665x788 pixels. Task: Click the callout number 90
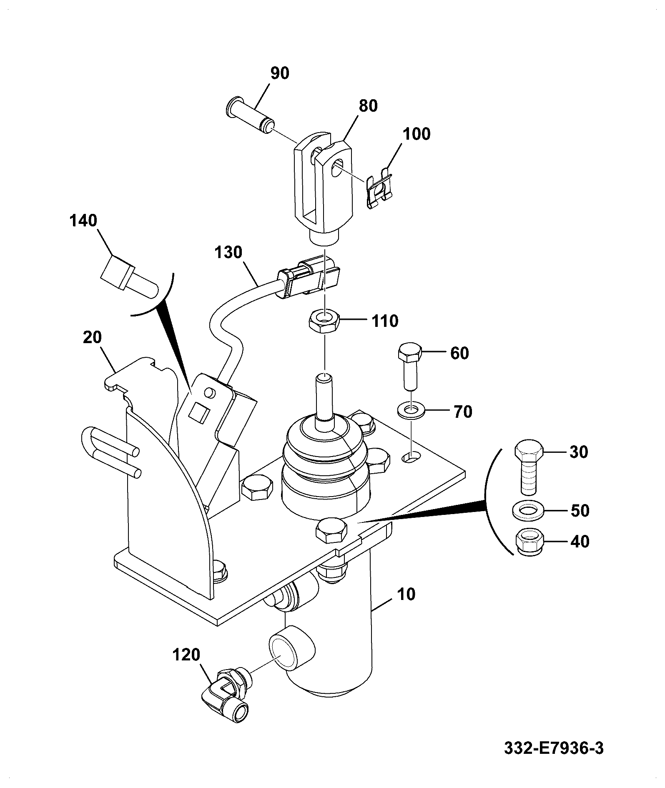click(x=280, y=73)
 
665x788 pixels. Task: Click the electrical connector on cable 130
click(x=308, y=277)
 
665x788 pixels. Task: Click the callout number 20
click(x=92, y=337)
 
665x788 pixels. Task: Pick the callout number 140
click(x=83, y=220)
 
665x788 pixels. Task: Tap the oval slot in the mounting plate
click(x=411, y=457)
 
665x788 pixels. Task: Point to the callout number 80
click(x=368, y=106)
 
